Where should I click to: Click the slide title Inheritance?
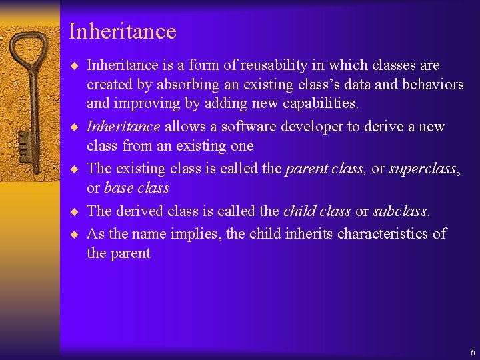122,31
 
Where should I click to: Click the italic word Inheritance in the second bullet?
123,127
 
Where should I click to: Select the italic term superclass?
423,169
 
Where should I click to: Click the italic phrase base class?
137,188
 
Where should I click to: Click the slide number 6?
473,352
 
